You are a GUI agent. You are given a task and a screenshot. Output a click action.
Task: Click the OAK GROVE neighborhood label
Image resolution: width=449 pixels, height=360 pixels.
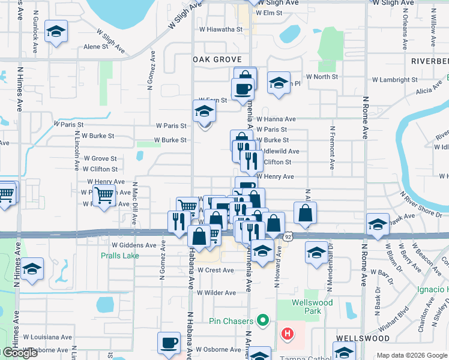[x=217, y=59]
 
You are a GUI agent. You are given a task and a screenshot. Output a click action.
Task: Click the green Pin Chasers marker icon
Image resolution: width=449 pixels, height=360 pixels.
[x=262, y=321]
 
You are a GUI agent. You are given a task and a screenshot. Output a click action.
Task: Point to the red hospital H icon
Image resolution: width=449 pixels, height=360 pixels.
[x=288, y=333]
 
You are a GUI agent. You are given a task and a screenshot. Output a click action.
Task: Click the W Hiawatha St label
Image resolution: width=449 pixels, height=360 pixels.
[x=220, y=29]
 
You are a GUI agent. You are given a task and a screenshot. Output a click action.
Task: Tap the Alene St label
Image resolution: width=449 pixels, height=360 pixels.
[x=95, y=46]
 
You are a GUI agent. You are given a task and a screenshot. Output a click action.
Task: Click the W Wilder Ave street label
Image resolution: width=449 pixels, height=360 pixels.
[x=217, y=293]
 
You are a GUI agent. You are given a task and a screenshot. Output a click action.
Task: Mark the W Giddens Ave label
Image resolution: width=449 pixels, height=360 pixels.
[x=134, y=245]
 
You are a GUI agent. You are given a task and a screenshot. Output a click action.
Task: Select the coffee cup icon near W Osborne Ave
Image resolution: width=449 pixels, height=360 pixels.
[x=169, y=343]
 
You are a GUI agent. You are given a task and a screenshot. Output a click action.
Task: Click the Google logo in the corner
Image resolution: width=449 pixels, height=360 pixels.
[x=20, y=353]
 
